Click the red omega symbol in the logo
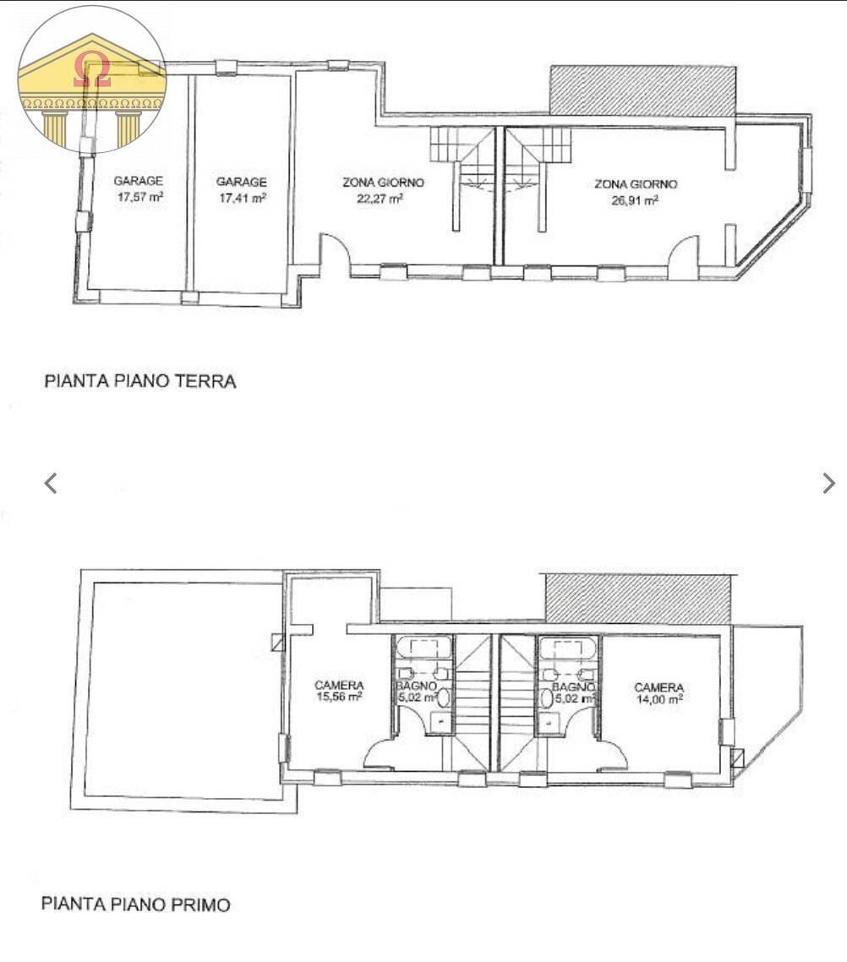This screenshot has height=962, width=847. [91, 70]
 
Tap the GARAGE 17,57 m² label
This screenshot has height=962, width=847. [139, 189]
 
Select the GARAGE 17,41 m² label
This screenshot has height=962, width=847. [241, 190]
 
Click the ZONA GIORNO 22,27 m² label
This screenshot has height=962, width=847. [383, 190]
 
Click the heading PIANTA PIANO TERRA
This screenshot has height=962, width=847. [140, 381]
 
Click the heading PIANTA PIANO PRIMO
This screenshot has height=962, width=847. [136, 905]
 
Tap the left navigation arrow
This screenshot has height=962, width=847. [51, 483]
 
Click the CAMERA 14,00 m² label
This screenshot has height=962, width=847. [658, 693]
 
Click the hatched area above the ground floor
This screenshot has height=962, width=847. [642, 90]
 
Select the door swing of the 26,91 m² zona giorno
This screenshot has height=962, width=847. [682, 254]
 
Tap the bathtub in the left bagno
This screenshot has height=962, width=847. [423, 648]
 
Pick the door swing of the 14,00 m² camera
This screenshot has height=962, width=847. [609, 752]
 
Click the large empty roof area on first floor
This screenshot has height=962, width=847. [182, 689]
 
